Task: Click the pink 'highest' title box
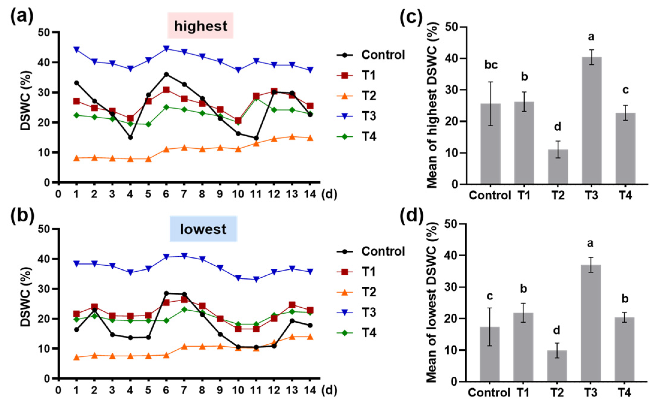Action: pos(200,26)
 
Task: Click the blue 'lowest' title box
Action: pos(203,229)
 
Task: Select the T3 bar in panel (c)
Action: pos(591,120)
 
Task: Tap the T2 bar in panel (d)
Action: pos(557,366)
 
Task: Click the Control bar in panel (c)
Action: pos(491,144)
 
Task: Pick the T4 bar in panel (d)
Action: pos(624,349)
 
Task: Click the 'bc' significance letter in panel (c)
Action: pos(491,65)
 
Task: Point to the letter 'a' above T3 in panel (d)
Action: pos(590,243)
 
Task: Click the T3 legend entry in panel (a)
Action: pos(357,116)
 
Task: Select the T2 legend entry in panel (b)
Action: pos(357,292)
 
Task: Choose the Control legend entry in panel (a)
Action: pos(371,55)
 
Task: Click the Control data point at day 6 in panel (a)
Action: pos(166,74)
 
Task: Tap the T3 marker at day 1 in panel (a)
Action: pos(77,49)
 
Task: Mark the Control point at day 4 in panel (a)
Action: pos(130,137)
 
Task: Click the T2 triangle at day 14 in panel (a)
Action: pos(310,138)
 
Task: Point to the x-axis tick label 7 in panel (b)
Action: pos(184,390)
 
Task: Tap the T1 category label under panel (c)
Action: pos(524,195)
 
